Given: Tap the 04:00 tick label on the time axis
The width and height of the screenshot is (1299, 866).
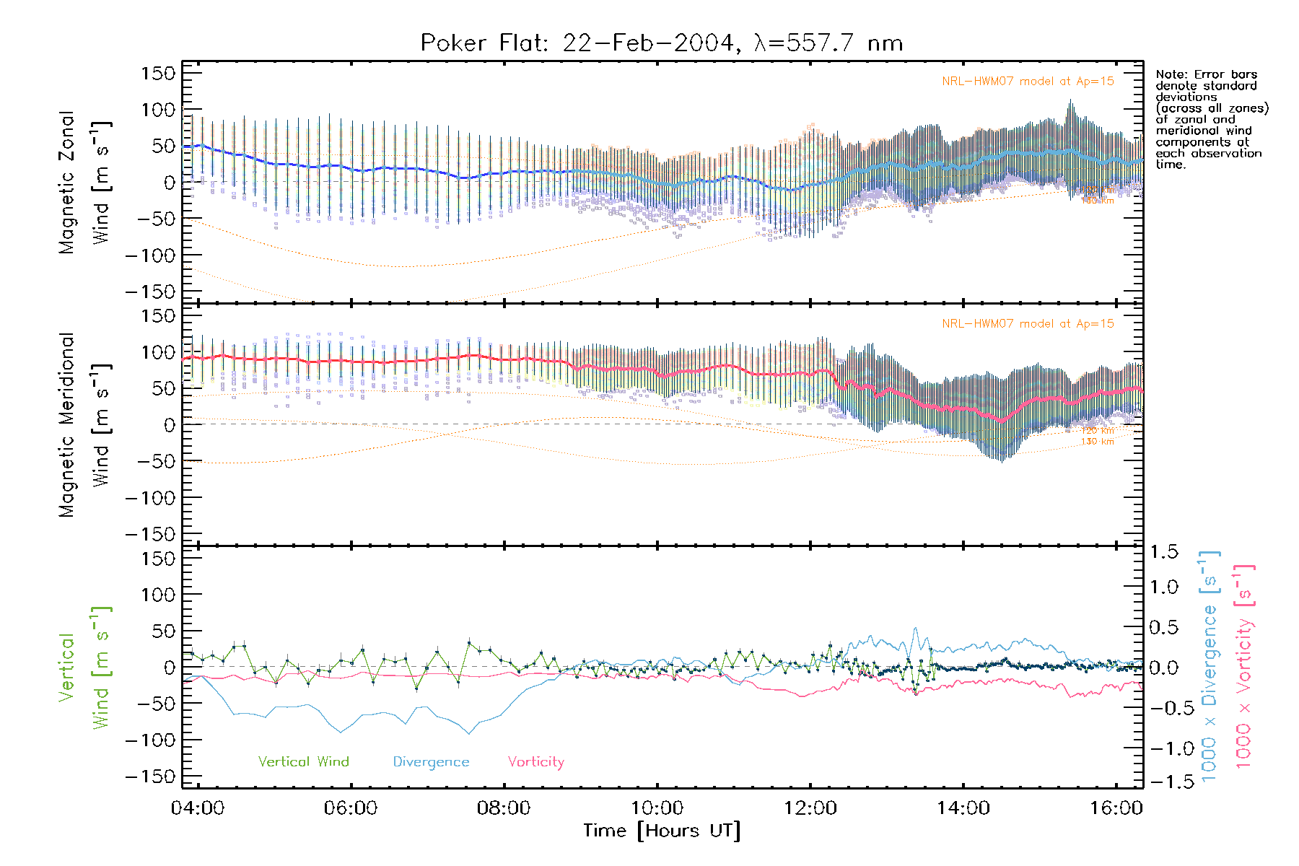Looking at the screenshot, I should tap(198, 808).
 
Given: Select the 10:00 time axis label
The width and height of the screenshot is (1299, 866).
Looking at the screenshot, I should tap(657, 808).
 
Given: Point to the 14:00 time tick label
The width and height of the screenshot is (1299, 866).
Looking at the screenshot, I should tap(963, 808).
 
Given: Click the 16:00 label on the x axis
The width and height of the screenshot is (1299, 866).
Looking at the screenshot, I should tap(1116, 808).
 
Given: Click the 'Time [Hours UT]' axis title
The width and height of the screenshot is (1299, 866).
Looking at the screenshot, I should tap(662, 831).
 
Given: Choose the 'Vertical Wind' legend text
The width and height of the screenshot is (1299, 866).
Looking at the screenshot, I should tap(303, 761).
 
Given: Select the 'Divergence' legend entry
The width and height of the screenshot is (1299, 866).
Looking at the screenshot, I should tap(431, 761).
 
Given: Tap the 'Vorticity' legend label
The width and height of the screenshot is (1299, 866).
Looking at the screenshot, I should tap(535, 761).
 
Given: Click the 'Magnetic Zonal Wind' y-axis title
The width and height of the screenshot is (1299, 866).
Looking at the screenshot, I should tap(84, 183).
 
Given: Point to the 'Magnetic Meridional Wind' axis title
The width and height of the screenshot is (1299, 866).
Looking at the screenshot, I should tap(84, 424).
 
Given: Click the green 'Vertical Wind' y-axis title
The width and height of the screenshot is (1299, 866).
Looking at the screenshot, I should tap(84, 668).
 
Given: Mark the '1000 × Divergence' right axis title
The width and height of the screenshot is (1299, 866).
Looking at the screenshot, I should tap(1210, 666).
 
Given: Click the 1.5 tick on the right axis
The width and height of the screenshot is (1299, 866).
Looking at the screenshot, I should tap(1164, 552).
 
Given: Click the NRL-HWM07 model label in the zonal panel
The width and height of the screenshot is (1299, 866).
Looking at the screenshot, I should tap(1028, 82).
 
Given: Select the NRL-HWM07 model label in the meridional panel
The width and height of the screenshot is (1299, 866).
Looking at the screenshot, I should tap(1028, 324).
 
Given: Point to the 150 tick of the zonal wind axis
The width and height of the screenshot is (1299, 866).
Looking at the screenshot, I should tap(158, 73).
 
